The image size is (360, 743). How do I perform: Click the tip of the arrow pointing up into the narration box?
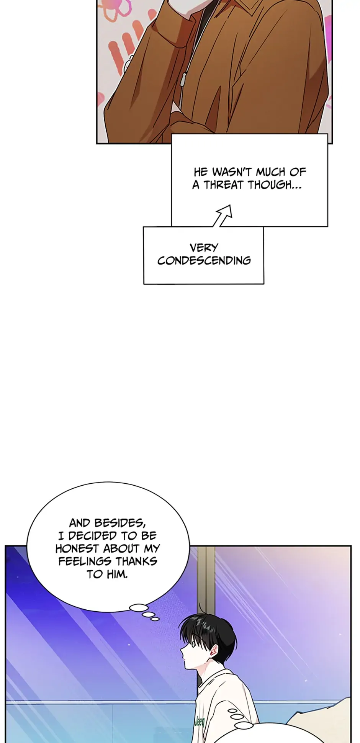[231, 205]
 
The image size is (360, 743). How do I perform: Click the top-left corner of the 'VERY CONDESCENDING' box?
[144, 227]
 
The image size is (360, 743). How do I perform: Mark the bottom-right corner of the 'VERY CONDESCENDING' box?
[264, 284]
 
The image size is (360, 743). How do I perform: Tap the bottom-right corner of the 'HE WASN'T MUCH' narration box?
[328, 226]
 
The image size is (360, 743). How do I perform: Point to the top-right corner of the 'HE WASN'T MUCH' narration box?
[328, 134]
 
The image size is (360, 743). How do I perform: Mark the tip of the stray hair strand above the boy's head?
[200, 604]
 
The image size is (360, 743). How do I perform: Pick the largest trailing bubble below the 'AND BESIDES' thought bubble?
[139, 607]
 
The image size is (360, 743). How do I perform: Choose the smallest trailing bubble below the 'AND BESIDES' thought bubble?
[155, 619]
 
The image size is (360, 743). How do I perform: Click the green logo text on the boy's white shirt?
[199, 722]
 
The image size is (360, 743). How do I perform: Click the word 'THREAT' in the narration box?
[224, 185]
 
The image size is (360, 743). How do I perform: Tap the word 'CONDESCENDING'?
[204, 260]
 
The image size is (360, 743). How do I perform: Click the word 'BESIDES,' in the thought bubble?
[120, 523]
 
